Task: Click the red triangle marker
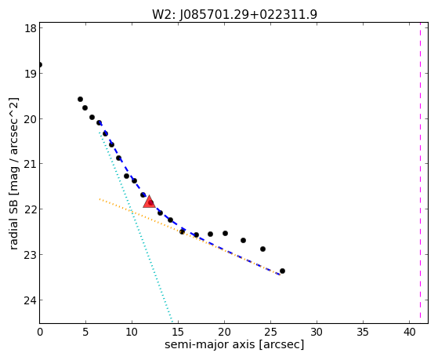tap(149, 202)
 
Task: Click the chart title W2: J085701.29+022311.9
tap(234, 14)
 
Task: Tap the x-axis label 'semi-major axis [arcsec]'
tap(234, 344)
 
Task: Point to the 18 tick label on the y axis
tap(30, 28)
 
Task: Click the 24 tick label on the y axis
tap(30, 300)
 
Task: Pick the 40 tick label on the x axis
tap(409, 333)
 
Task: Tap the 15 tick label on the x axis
tap(178, 333)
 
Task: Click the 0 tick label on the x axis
tap(40, 333)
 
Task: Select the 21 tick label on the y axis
tap(30, 164)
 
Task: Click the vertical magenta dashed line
tap(420, 173)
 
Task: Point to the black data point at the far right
tap(282, 271)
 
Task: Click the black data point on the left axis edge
tap(40, 64)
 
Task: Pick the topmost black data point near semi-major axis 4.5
tap(80, 99)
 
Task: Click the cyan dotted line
tap(136, 227)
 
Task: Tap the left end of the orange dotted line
tap(100, 199)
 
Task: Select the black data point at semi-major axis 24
tap(262, 249)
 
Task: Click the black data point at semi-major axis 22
tap(243, 240)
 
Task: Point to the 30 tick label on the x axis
tap(317, 333)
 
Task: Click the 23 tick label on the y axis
tap(30, 255)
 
